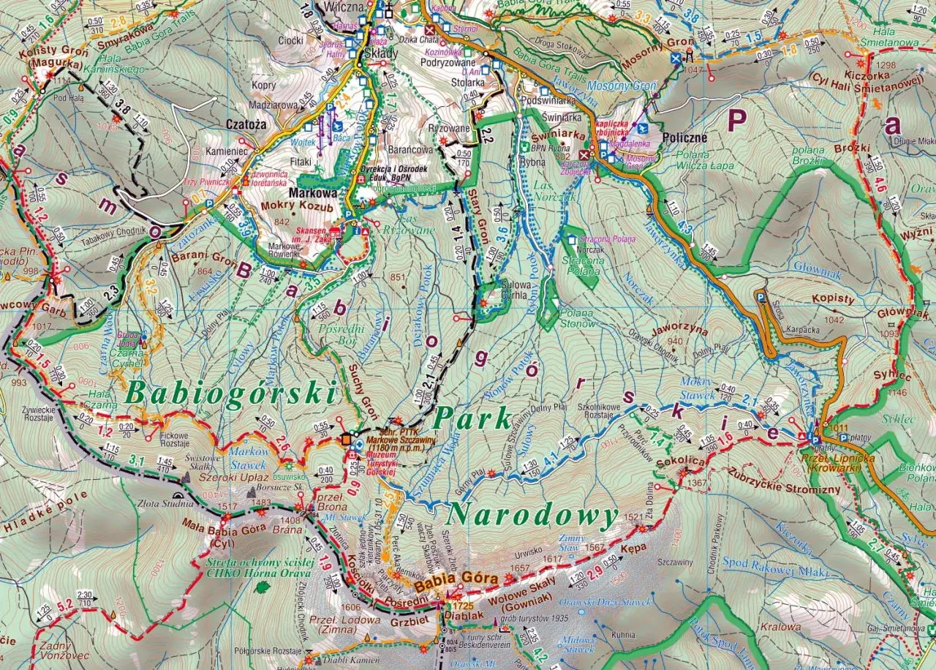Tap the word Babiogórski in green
pos(231,394)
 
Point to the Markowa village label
pos(313,193)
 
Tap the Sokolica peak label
pos(681,462)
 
